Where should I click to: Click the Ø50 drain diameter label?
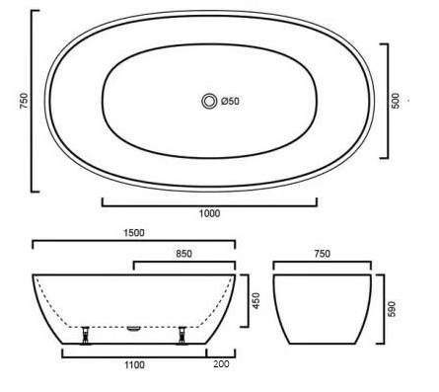230,101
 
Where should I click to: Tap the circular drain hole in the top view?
209,101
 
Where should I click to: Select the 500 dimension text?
396,101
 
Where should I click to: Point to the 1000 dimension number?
209,213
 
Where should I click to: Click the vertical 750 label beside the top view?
25,101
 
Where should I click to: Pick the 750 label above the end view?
323,254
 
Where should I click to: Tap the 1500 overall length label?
134,233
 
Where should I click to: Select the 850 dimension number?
183,254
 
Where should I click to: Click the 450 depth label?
256,300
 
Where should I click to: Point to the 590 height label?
392,309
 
